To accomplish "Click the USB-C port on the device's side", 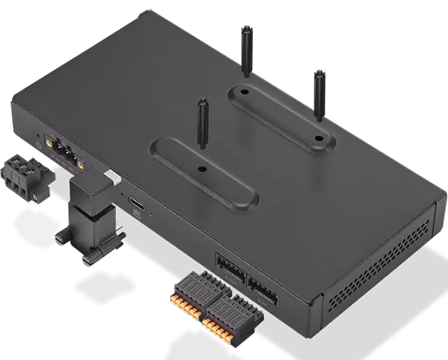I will [x=138, y=206].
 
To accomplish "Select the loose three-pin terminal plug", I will [x=23, y=178].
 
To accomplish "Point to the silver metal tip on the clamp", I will [x=111, y=177].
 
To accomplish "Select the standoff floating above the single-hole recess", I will [x=202, y=124].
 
